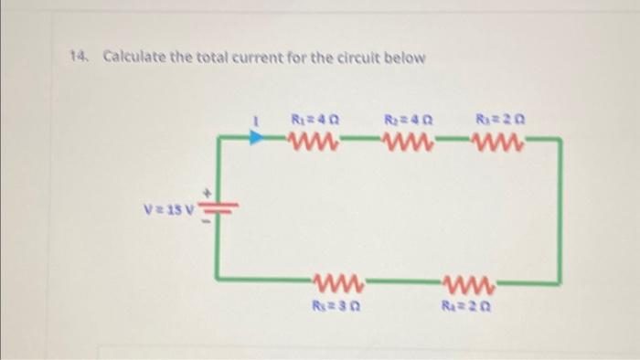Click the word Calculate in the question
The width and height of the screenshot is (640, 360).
click(133, 58)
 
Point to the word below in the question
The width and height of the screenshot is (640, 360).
click(405, 58)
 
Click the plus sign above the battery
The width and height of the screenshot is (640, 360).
click(208, 193)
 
